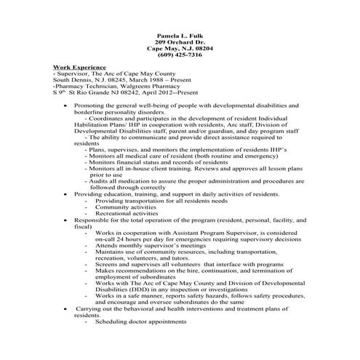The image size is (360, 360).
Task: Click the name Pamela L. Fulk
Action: [180, 35]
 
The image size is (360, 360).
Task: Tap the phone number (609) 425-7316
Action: [180, 55]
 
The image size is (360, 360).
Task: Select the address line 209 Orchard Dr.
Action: [180, 41]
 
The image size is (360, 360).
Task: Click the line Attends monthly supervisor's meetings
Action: [148, 246]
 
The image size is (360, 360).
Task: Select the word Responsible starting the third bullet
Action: [91, 220]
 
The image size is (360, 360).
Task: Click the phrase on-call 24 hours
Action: [120, 239]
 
